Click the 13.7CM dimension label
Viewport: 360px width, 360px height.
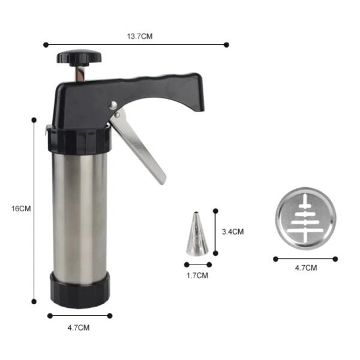pos(140,36)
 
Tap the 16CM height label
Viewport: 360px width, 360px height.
pos(21,209)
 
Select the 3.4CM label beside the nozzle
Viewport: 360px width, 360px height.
pos(233,232)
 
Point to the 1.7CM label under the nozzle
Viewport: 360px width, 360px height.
pos(197,275)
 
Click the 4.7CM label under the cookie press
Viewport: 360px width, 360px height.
pos(79,328)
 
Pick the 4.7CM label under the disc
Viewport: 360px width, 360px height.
pos(306,268)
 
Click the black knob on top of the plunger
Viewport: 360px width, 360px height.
pos(79,58)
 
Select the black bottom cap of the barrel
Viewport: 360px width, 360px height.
pos(80,290)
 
